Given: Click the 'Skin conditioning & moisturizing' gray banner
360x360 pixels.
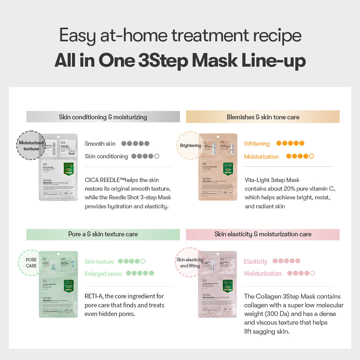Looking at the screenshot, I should point(103,117).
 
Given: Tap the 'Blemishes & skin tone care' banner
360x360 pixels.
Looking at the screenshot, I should point(263,117).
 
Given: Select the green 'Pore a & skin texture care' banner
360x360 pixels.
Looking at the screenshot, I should point(103,234).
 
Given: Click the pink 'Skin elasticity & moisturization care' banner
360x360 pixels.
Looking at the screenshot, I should point(263,234).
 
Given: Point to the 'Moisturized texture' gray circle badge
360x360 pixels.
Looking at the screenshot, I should point(31,145).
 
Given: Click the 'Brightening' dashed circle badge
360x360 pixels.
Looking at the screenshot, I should point(190,145).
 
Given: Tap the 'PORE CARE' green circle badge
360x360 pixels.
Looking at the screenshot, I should point(31,263).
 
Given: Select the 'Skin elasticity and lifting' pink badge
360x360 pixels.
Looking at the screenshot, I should point(190,262).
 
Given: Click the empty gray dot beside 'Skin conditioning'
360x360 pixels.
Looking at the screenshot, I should point(157,156).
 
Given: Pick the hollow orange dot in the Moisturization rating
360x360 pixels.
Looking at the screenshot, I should point(311,156).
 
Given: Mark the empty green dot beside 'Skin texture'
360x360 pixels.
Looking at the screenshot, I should point(143,261).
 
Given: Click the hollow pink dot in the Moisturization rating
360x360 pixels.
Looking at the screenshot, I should point(312,273).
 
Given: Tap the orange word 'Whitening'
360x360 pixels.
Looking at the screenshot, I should point(257,144).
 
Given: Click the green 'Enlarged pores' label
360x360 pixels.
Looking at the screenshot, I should point(103,274).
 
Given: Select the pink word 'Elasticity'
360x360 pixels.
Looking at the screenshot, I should point(256,262).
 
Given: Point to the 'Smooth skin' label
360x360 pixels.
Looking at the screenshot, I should point(100,144).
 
